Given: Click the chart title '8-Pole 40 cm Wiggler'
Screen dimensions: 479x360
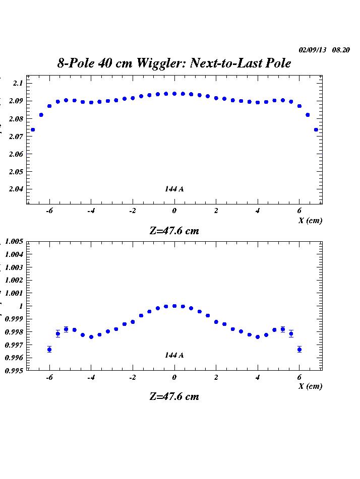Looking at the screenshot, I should tap(174, 63).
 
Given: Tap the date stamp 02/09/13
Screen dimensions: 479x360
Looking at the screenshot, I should tap(313, 50).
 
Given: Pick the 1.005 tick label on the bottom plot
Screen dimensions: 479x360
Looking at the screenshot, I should tap(14, 242).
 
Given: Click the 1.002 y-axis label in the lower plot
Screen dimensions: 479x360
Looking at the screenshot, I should tap(14, 280).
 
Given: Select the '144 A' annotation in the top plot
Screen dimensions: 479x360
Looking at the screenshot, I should tap(174, 189).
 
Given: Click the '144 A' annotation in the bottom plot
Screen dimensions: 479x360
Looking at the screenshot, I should tap(174, 355).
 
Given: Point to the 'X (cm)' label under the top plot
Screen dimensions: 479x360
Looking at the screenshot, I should tap(310, 220).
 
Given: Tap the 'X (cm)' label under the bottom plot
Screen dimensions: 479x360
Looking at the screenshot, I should tap(310, 386).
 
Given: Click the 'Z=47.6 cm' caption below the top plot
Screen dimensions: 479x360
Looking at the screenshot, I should tap(174, 231).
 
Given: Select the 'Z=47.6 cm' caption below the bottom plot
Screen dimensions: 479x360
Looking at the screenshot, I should tap(174, 396).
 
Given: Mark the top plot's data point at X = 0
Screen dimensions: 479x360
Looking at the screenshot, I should tap(174, 94).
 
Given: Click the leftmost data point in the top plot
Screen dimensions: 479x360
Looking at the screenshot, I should tap(33, 129).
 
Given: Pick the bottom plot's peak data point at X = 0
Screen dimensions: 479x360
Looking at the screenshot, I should tap(174, 306).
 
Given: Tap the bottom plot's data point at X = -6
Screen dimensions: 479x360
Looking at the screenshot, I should tap(49, 350).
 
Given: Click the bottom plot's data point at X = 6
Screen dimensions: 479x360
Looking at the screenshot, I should tap(299, 350).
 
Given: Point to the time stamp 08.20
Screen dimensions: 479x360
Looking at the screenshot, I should tap(341, 50).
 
